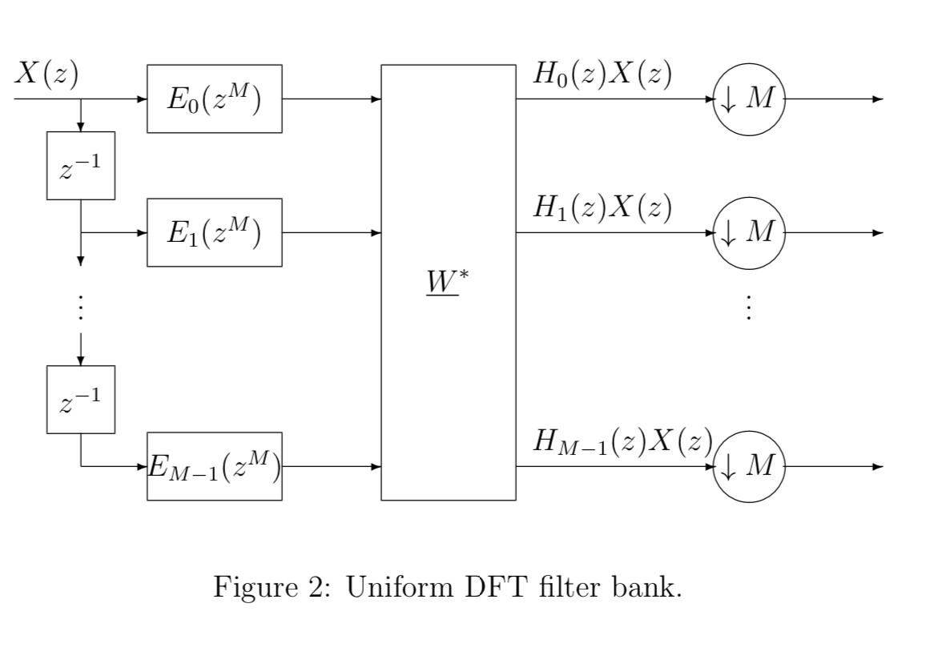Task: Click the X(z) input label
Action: (46, 74)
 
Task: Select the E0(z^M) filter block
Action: (214, 99)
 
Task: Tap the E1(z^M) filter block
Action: (214, 232)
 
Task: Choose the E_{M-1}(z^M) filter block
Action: (214, 466)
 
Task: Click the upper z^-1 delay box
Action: (81, 166)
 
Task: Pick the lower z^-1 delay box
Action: (81, 400)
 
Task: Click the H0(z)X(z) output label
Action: (602, 74)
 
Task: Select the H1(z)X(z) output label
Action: (602, 208)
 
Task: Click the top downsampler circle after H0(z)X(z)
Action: (747, 99)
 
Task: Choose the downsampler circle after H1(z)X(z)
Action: (747, 233)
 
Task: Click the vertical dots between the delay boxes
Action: (81, 308)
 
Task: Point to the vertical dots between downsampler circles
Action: (747, 308)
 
